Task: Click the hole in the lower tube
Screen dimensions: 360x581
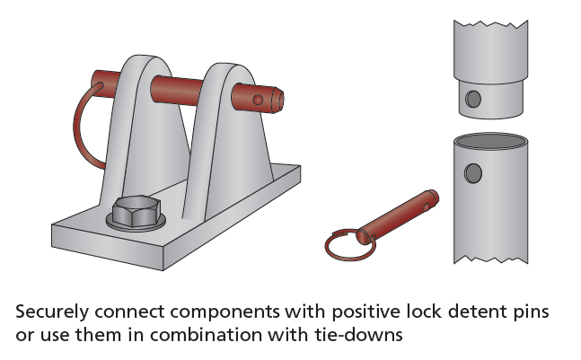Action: click(473, 172)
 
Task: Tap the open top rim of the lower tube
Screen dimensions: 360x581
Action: click(490, 142)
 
